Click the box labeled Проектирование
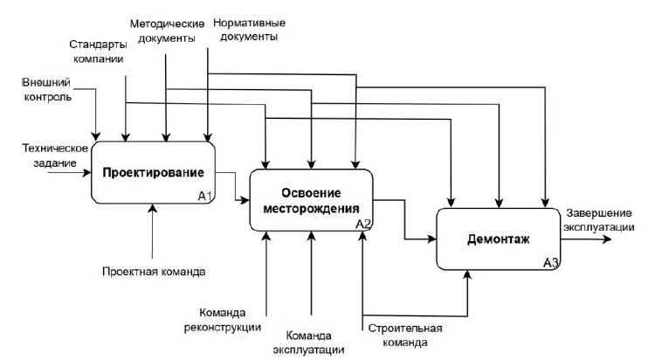point(153,172)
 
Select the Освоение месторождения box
point(312,200)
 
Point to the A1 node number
point(205,195)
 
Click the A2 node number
point(364,224)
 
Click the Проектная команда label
point(154,272)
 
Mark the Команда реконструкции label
point(233,321)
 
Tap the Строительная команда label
point(405,336)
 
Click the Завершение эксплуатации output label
point(599,220)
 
